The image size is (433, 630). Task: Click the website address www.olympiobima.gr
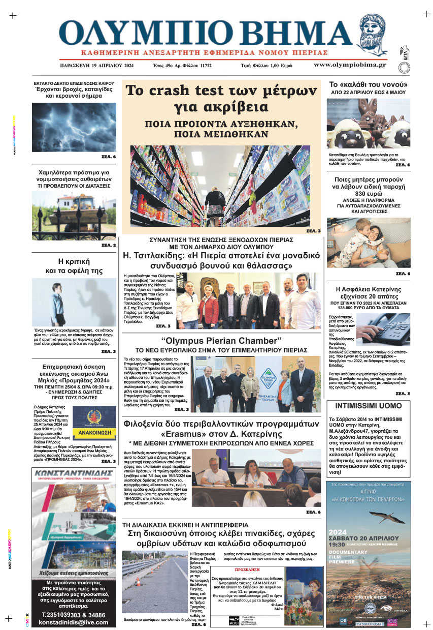pyautogui.click(x=349, y=65)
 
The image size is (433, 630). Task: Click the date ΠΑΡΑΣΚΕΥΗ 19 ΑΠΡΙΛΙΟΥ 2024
pyautogui.click(x=96, y=66)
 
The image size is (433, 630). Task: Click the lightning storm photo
pyautogui.click(x=74, y=127)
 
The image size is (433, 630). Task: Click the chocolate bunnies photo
pyautogui.click(x=368, y=124)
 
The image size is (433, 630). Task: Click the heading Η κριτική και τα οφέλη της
pyautogui.click(x=74, y=266)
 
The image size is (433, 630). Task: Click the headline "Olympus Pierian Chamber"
pyautogui.click(x=221, y=340)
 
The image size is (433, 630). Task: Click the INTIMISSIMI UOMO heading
pyautogui.click(x=368, y=406)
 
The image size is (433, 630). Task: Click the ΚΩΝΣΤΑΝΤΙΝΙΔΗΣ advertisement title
pyautogui.click(x=74, y=473)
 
